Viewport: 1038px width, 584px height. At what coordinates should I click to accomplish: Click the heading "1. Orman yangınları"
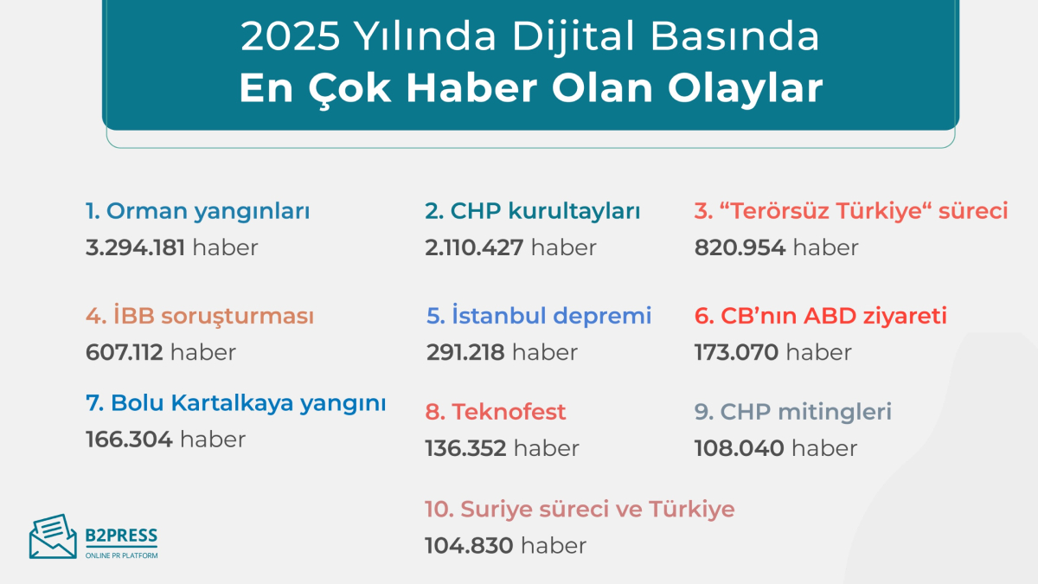click(198, 211)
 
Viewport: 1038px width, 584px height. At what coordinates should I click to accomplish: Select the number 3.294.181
click(135, 247)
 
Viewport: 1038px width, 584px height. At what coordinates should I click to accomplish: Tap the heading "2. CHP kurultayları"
click(533, 211)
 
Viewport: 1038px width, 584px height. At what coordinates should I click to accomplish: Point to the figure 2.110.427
click(474, 247)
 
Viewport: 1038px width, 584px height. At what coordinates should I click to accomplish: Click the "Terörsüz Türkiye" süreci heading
click(851, 211)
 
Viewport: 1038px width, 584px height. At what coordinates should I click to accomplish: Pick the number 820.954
click(740, 247)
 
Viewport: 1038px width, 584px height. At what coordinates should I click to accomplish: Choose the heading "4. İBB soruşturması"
click(200, 317)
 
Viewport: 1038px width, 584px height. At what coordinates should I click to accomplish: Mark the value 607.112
click(125, 352)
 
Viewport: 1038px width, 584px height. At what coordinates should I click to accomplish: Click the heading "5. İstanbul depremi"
click(539, 317)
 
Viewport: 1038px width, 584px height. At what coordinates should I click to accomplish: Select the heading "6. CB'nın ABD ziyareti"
click(821, 317)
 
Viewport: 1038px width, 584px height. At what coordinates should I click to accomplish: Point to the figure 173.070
click(736, 352)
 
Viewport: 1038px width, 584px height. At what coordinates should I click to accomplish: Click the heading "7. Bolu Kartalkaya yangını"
click(236, 403)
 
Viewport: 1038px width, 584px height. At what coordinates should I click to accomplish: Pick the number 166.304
click(129, 440)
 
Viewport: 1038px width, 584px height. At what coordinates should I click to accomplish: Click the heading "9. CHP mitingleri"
click(793, 412)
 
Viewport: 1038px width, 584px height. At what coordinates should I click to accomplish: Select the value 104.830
click(469, 546)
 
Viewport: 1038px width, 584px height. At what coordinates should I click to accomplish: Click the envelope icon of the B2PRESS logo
click(53, 536)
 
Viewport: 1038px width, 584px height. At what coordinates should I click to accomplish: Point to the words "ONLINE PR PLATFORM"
click(121, 555)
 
